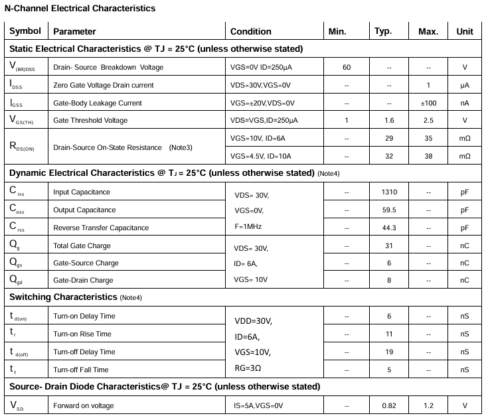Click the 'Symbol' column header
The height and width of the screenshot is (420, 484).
(25, 31)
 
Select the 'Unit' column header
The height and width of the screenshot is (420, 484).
(465, 31)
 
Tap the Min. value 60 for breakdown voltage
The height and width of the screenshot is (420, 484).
(347, 67)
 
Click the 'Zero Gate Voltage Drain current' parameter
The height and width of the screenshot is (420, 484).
(103, 85)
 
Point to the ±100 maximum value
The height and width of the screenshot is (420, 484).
(428, 103)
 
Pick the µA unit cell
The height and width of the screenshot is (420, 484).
(465, 85)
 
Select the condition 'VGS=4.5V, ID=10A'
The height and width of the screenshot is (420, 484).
(262, 156)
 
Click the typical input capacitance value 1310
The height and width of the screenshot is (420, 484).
(389, 192)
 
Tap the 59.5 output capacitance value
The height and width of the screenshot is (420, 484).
(389, 210)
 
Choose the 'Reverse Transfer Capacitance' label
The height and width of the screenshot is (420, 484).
(100, 228)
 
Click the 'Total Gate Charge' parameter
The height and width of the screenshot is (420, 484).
(82, 245)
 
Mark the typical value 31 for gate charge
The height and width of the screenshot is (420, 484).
(389, 245)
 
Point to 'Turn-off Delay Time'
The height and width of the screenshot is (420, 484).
(84, 352)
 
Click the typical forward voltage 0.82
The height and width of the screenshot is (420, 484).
(389, 405)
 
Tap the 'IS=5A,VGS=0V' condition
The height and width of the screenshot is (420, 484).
(258, 405)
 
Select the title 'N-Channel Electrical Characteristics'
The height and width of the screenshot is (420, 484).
(80, 9)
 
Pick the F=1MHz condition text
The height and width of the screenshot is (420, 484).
(250, 228)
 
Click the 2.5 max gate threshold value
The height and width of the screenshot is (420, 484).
(428, 120)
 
